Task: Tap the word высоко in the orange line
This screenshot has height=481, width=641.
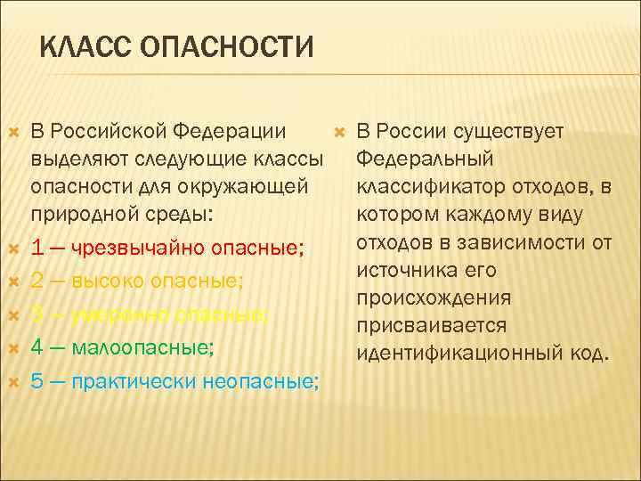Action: pos(108,281)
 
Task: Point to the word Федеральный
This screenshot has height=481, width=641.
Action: pos(424,160)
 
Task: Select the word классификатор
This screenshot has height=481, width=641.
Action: pos(431,188)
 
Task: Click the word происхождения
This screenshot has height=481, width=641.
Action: pos(434,298)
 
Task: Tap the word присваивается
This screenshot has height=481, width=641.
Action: pos(431,326)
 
